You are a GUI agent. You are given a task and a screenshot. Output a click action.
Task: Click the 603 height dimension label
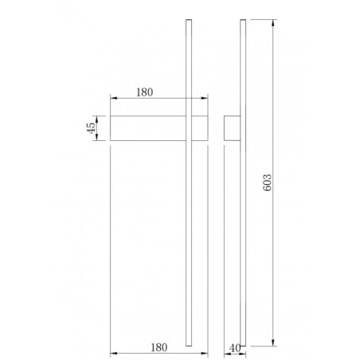tap(268, 182)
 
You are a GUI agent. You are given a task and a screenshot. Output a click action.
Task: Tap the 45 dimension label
tap(91, 128)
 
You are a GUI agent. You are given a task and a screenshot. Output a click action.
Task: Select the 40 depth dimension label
tap(235, 348)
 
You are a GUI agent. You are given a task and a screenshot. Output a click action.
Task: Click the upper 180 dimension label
tap(145, 92)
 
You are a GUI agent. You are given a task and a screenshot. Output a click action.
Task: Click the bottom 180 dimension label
tap(159, 347)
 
